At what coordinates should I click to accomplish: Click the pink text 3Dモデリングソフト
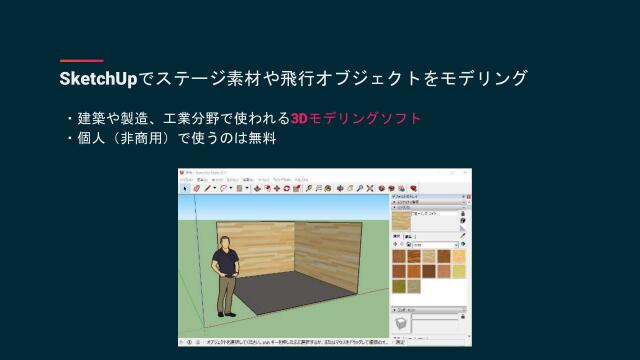pyautogui.click(x=356, y=118)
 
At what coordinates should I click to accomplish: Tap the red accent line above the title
pyautogui.click(x=81, y=60)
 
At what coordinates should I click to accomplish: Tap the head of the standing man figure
pyautogui.click(x=227, y=242)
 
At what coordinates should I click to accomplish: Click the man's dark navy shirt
pyautogui.click(x=228, y=262)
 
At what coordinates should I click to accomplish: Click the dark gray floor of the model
pyautogui.click(x=300, y=301)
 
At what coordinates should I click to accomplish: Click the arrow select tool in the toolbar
pyautogui.click(x=184, y=187)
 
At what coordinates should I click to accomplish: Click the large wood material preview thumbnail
pyautogui.click(x=402, y=220)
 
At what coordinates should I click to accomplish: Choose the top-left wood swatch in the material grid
pyautogui.click(x=400, y=255)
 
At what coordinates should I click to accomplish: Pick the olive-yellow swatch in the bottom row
pyautogui.click(x=400, y=285)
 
